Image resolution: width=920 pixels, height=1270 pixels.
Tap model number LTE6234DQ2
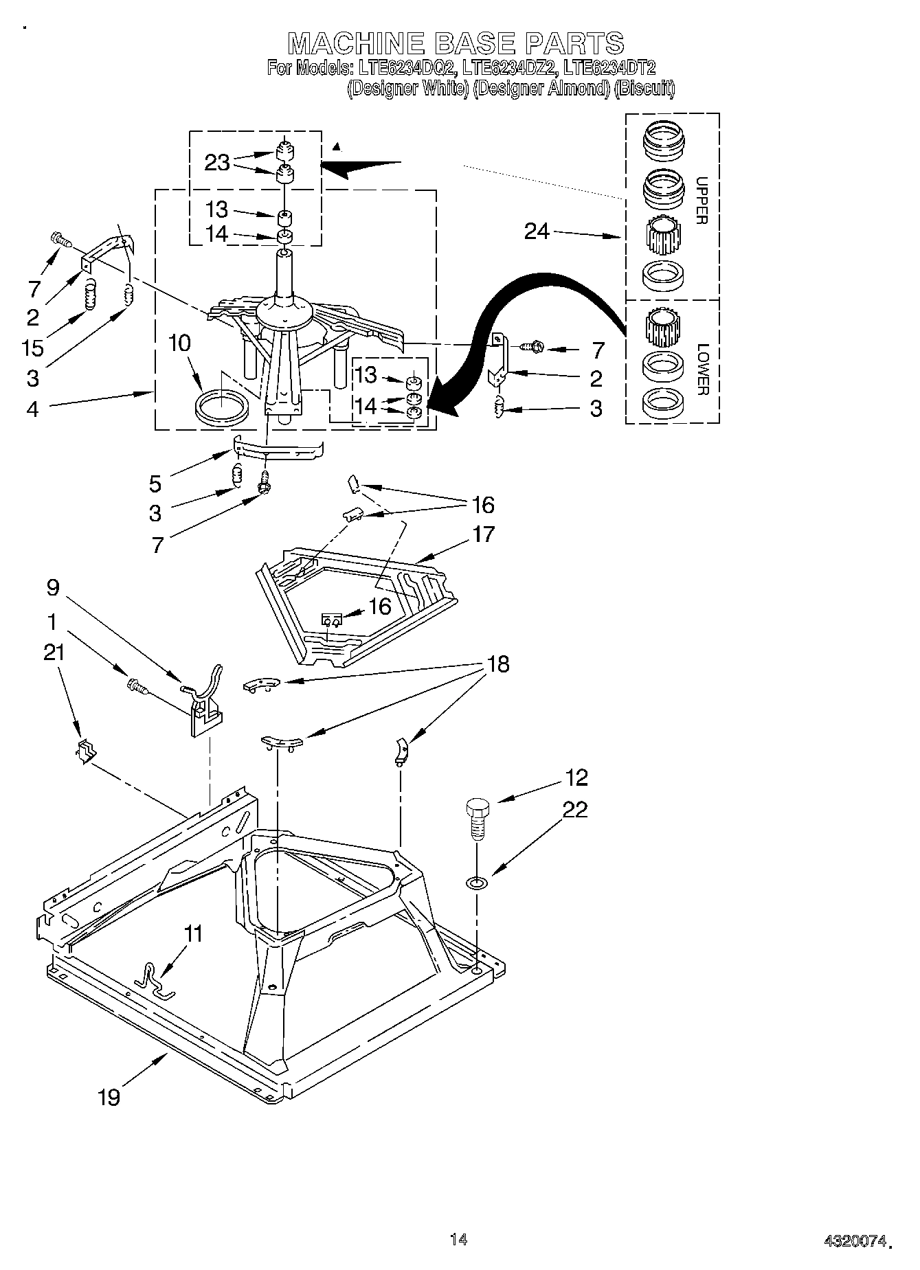[x=405, y=67]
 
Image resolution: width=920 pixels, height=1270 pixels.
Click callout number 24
[x=537, y=231]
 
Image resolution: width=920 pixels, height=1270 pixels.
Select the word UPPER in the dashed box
[x=701, y=201]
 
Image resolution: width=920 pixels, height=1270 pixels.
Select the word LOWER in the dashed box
[x=701, y=369]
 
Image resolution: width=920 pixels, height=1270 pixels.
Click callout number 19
[x=109, y=1097]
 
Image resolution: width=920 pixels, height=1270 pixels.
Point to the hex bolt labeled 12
[x=476, y=815]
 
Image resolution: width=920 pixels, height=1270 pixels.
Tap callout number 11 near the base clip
[x=194, y=933]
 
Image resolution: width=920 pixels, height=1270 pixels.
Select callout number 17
[x=483, y=534]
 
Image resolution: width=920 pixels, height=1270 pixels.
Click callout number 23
[x=216, y=163]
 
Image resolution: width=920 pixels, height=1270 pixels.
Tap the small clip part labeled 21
[x=85, y=752]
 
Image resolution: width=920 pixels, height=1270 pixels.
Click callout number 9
[x=53, y=588]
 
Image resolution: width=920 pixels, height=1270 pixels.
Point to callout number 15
[x=32, y=348]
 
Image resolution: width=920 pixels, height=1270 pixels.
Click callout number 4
[x=32, y=409]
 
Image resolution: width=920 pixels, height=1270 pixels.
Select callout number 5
[x=155, y=484]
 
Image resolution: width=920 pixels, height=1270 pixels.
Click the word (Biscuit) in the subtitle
[x=644, y=89]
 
